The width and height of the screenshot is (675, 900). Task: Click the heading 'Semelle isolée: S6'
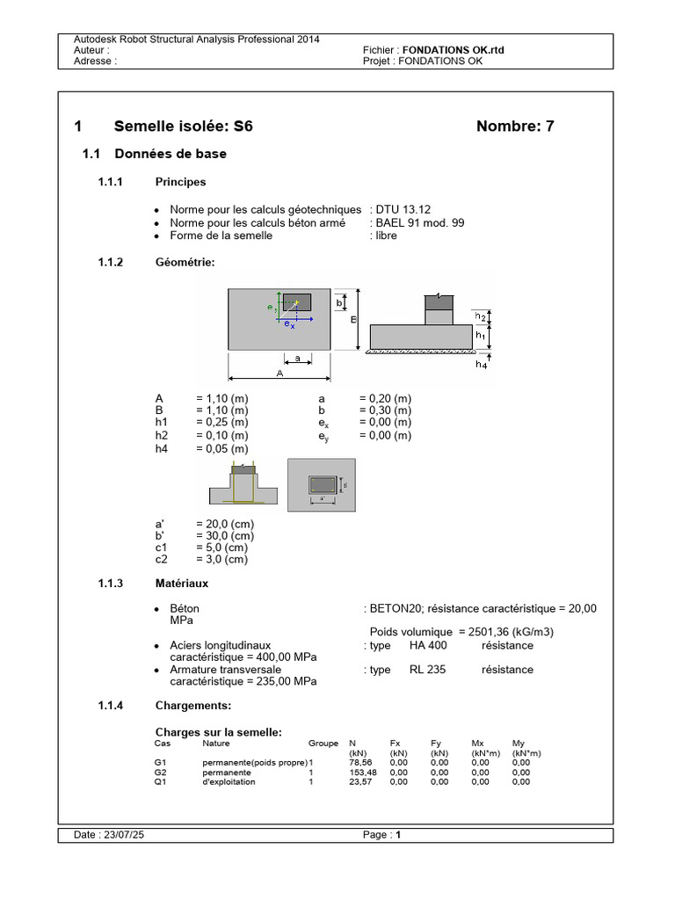(x=183, y=127)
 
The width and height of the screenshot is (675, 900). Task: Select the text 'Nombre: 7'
(x=515, y=127)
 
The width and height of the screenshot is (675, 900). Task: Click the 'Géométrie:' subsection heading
(x=185, y=262)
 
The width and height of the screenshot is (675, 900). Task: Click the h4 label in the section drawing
(x=481, y=364)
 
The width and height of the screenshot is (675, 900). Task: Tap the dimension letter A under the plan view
(x=279, y=373)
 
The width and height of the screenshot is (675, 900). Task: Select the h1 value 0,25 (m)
(x=222, y=423)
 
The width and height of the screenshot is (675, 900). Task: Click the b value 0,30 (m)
(x=385, y=410)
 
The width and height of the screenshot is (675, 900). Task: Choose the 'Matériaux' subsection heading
(x=181, y=583)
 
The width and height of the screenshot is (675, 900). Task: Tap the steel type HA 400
(x=428, y=645)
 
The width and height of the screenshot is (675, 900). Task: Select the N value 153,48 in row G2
(x=361, y=773)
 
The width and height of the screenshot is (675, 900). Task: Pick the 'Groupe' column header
(x=323, y=743)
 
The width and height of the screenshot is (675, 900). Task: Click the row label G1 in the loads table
(x=159, y=763)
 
